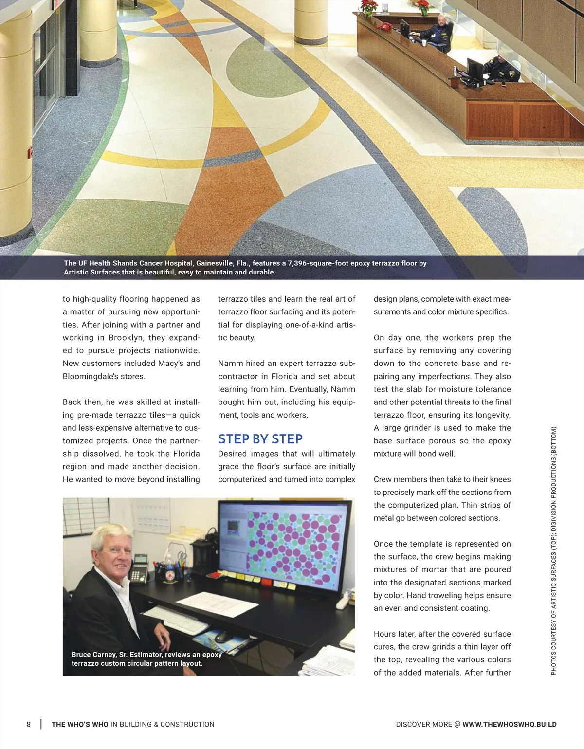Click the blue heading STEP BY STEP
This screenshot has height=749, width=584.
260,439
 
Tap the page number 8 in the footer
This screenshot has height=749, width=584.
29,724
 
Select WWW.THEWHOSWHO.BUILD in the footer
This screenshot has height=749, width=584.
509,724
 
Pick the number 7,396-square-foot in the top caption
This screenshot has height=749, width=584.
317,263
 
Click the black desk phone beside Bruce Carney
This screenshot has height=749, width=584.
140,568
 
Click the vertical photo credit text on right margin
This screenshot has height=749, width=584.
553,550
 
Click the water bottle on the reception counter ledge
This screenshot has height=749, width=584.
455,71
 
